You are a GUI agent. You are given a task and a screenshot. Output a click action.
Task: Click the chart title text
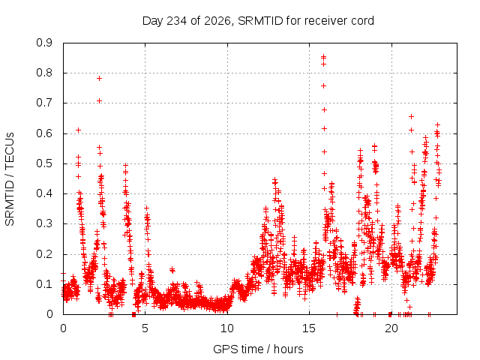(x=258, y=21)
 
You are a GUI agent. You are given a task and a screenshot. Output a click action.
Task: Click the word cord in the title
(x=363, y=21)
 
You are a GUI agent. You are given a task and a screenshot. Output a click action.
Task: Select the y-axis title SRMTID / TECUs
(x=10, y=179)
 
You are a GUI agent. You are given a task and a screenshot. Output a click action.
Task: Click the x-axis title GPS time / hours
(x=258, y=349)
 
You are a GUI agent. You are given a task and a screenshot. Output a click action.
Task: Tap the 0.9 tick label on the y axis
(x=44, y=43)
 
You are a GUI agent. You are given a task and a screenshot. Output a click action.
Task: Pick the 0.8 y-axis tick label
(x=44, y=73)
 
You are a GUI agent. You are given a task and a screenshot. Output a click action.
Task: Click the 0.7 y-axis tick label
(x=44, y=103)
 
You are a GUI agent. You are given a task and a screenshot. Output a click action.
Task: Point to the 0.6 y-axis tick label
(x=44, y=133)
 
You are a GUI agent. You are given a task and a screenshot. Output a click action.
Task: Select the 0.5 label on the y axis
(x=44, y=163)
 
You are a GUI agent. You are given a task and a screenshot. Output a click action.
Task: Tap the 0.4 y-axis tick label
(x=44, y=193)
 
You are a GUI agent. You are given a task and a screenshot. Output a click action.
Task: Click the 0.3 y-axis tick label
(x=44, y=223)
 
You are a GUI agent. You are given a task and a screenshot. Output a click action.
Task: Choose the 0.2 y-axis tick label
(x=44, y=254)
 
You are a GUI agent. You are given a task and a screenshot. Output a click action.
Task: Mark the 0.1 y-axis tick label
(x=44, y=284)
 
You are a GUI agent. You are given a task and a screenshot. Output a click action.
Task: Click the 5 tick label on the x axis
(x=145, y=328)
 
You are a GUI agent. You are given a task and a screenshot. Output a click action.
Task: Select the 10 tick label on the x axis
(x=227, y=328)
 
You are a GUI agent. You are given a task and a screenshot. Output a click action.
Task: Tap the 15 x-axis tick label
(x=309, y=328)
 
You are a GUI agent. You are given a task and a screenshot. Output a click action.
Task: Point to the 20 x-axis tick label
(x=391, y=328)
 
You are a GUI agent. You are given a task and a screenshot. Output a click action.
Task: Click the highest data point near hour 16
(x=323, y=57)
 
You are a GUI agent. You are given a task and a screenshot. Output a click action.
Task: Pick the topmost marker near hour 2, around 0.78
(x=99, y=78)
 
